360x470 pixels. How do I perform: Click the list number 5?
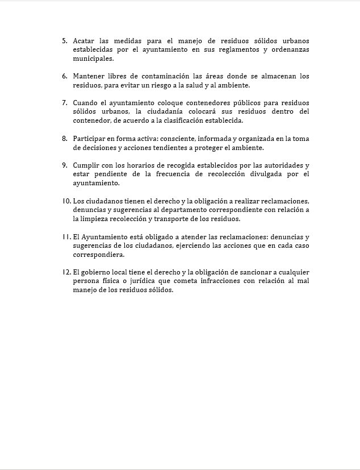pyautogui.click(x=64, y=41)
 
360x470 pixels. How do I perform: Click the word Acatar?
pyautogui.click(x=83, y=41)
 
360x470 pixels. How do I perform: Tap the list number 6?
pyautogui.click(x=64, y=76)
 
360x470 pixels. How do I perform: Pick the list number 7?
pyautogui.click(x=64, y=103)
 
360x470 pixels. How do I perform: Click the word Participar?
pyautogui.click(x=90, y=138)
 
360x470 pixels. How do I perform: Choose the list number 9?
pyautogui.click(x=64, y=165)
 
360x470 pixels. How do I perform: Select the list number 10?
pyautogui.click(x=66, y=201)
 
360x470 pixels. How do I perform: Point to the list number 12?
pyautogui.click(x=66, y=272)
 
